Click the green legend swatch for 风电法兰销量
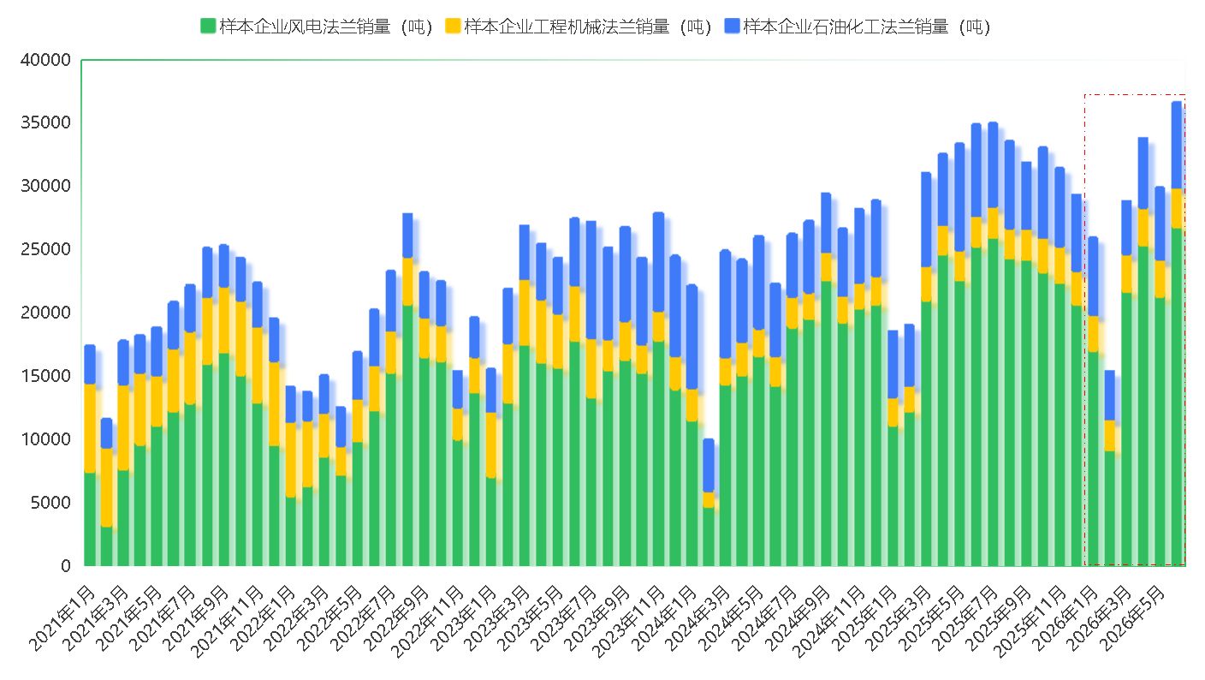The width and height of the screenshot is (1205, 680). pos(208,26)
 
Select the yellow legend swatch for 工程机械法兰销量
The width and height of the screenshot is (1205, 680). pos(453,26)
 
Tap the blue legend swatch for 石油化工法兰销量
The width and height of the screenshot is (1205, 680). pos(732,26)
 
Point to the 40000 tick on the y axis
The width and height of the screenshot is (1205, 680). pos(45,60)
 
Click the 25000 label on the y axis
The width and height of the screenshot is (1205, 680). pos(45,249)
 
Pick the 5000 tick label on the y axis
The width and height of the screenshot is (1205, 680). pos(50,503)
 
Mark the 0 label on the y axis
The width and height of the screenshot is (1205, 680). pos(66,566)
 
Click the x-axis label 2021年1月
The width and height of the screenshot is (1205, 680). pos(62,619)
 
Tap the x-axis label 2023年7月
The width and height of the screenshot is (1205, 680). pos(563,619)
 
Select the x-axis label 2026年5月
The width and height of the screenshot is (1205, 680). pos(1131,619)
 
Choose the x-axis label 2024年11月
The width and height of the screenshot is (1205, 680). pos(828,623)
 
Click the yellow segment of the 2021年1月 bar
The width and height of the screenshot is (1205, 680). pos(90,428)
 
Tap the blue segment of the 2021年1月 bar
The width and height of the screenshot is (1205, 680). pos(90,365)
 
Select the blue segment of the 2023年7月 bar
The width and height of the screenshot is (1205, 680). pos(591,280)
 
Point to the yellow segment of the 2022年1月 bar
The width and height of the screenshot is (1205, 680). pos(290,461)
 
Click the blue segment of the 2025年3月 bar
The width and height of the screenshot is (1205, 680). pos(926,219)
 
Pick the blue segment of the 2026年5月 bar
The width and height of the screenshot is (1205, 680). pos(1177,146)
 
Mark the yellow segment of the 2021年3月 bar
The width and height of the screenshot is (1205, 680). pos(123,428)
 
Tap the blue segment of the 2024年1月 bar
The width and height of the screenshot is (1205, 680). pos(692,337)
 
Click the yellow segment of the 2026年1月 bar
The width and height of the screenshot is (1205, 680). pos(1093,334)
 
